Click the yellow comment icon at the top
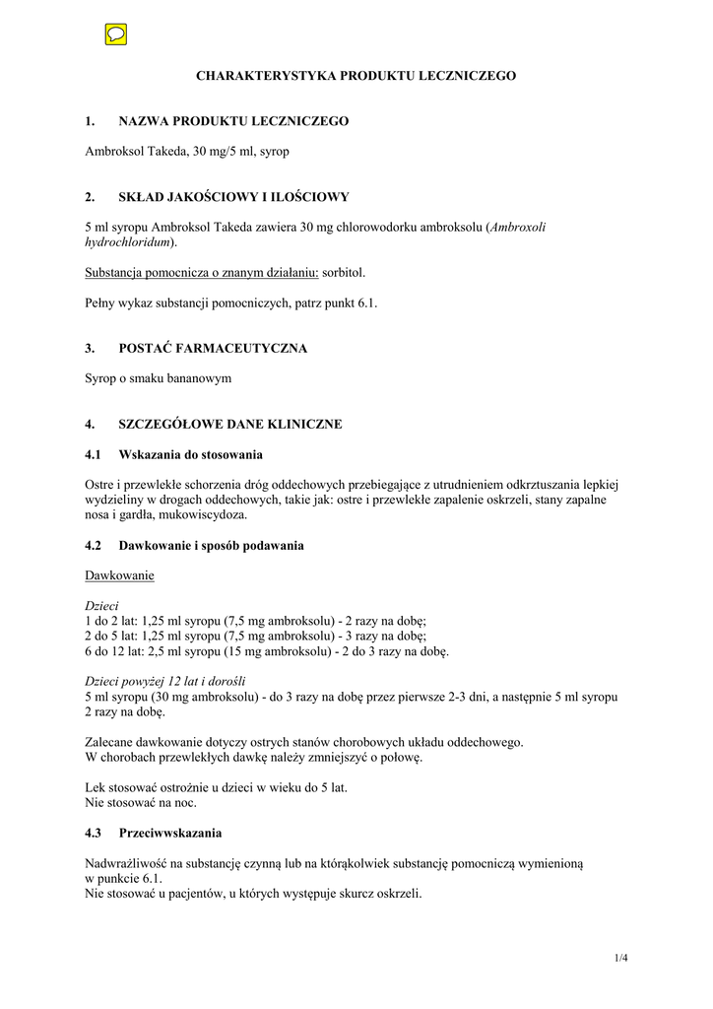click(115, 35)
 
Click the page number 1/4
click(619, 958)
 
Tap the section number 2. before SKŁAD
click(91, 197)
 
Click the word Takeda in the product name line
click(162, 151)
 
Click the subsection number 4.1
click(94, 454)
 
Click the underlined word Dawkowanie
click(119, 574)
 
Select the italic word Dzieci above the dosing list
click(100, 605)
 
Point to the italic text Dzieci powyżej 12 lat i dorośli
click(165, 681)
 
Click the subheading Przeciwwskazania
click(170, 833)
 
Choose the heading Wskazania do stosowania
click(191, 454)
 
